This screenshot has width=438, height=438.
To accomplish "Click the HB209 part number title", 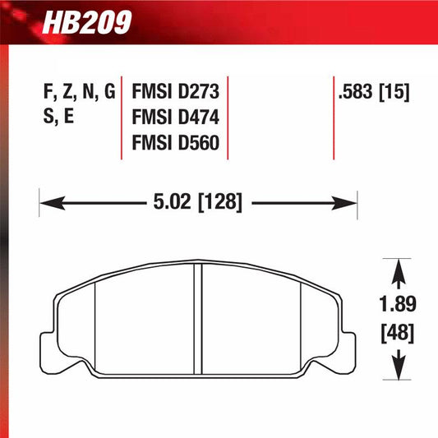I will (x=91, y=21).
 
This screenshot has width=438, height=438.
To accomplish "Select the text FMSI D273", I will (x=175, y=91).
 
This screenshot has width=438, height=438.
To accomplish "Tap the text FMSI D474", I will (x=175, y=118).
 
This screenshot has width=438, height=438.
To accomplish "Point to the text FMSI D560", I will (x=175, y=144).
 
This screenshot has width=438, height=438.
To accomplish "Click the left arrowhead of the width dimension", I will (x=48, y=201).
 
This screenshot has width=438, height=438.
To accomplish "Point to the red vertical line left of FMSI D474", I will (x=122, y=118).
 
